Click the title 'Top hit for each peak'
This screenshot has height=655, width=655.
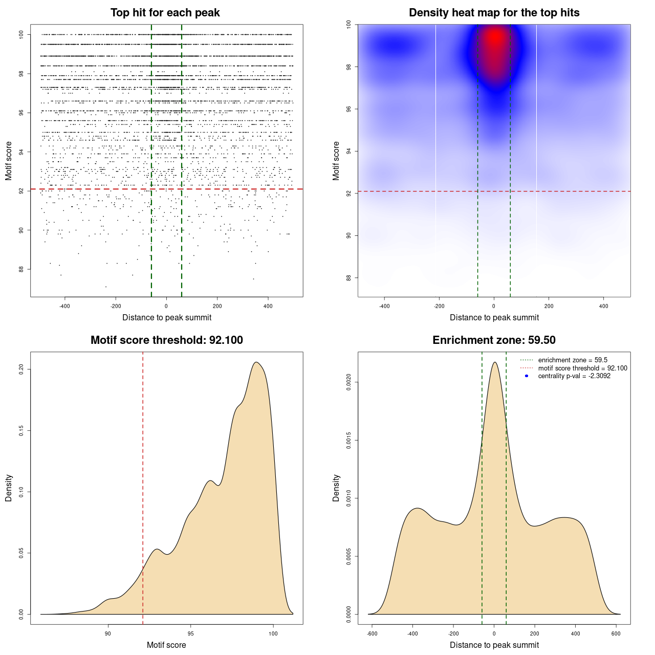[165, 13]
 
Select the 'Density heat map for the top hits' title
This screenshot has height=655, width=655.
[494, 13]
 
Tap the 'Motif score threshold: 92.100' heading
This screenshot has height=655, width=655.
[166, 340]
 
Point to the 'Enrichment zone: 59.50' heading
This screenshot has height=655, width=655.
[494, 340]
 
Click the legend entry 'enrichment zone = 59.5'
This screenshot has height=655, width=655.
[573, 360]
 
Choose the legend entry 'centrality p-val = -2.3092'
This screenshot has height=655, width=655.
[574, 376]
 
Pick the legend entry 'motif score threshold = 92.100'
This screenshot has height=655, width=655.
[582, 368]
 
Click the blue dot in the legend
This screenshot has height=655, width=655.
[527, 376]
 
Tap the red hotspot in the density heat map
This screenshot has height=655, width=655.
[495, 38]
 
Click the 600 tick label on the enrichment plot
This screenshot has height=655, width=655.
[616, 634]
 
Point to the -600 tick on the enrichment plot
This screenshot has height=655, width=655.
[372, 634]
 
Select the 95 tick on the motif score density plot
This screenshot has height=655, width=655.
[190, 634]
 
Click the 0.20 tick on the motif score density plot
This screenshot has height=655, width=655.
[21, 369]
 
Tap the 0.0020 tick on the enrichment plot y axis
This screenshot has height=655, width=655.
[349, 382]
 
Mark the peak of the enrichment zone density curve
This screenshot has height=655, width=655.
[494, 362]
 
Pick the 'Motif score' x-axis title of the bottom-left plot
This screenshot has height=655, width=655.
[166, 645]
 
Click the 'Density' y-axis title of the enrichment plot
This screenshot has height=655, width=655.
[336, 488]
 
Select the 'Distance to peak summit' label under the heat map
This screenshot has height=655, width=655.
[494, 317]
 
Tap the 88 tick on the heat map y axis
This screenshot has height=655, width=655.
[349, 278]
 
